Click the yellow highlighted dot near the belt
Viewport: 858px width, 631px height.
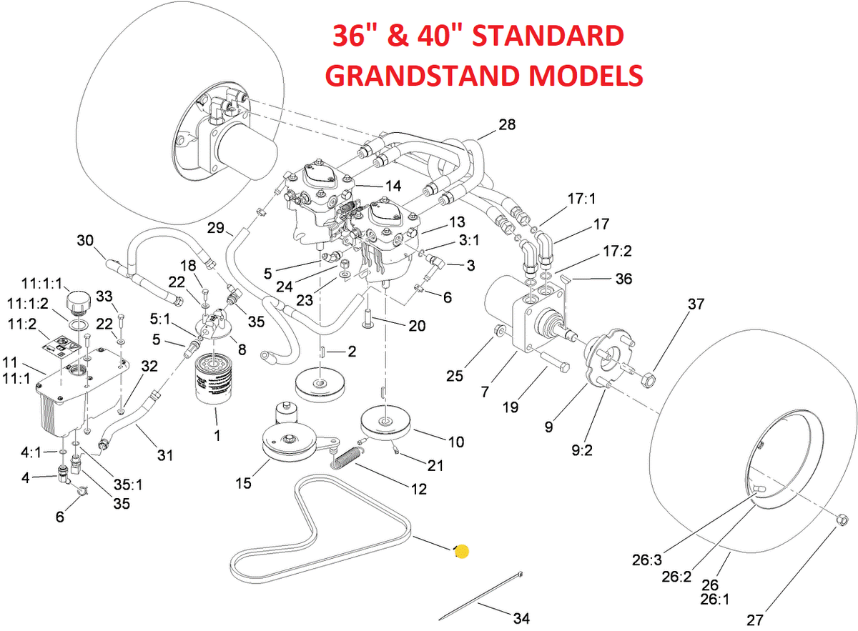pyautogui.click(x=462, y=551)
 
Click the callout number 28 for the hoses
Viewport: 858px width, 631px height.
pyautogui.click(x=507, y=124)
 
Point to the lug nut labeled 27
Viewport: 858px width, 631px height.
pyautogui.click(x=842, y=518)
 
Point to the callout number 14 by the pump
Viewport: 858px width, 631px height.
pyautogui.click(x=393, y=186)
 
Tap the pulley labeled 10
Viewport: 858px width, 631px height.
pyautogui.click(x=387, y=422)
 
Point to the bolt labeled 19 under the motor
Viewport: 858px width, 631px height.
pyautogui.click(x=554, y=362)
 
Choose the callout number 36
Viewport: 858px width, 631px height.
pyautogui.click(x=623, y=279)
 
